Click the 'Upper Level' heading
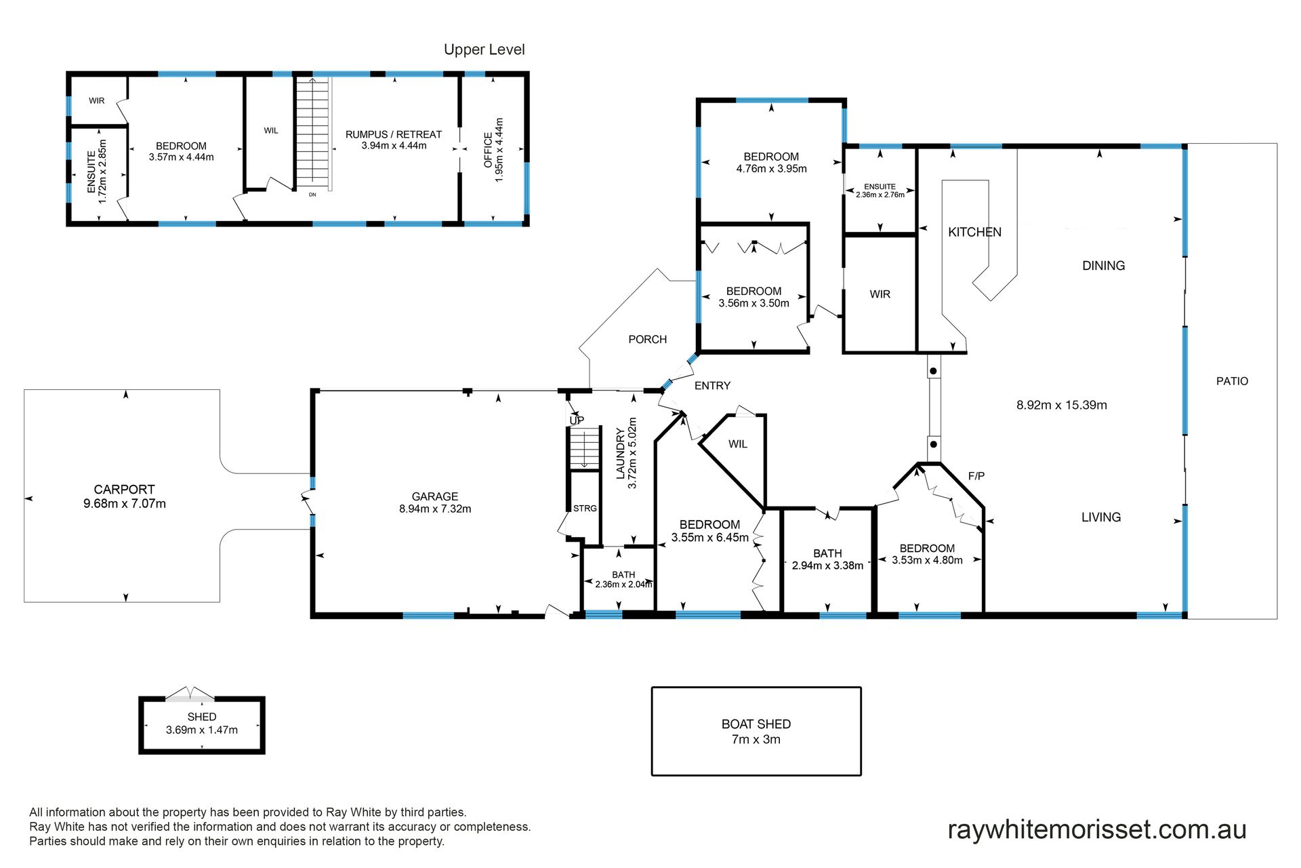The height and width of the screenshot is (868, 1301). click(484, 50)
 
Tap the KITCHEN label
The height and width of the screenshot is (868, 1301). click(974, 232)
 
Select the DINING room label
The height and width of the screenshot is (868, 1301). click(1103, 266)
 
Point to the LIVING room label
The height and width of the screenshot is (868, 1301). click(1101, 517)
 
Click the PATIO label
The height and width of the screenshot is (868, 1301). click(1232, 381)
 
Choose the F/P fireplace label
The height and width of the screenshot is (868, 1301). click(976, 476)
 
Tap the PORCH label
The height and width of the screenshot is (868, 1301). click(647, 339)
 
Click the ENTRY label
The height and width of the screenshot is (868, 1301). click(712, 386)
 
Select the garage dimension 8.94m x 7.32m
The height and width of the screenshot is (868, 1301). click(435, 509)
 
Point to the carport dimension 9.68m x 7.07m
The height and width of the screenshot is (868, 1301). click(125, 504)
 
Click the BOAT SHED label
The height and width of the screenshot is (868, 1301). click(756, 724)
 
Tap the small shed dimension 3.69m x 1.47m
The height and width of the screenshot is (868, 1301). click(202, 730)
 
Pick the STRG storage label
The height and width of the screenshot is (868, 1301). click(585, 508)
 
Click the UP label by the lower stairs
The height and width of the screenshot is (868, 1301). click(577, 420)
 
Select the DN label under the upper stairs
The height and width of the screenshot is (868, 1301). click(312, 195)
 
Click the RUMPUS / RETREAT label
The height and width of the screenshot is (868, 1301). click(394, 134)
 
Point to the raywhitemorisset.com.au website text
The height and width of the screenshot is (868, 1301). click(1097, 829)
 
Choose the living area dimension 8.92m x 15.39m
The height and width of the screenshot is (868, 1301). click(1062, 406)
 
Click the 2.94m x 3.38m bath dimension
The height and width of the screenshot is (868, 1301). click(827, 566)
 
